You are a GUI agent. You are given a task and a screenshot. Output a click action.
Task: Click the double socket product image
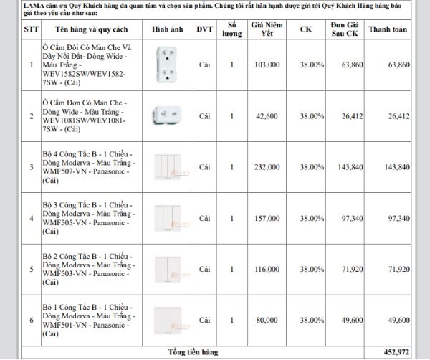point(169,65)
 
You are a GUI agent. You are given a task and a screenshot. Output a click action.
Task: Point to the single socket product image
point(168,115)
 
